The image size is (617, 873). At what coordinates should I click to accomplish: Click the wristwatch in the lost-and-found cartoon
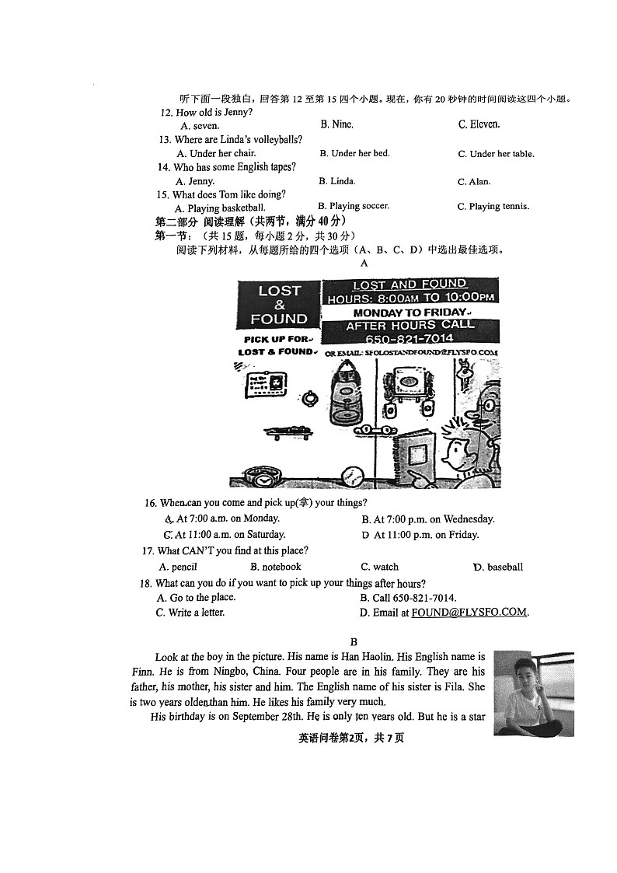coord(256,474)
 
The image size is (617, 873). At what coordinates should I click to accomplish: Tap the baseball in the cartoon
coord(352,475)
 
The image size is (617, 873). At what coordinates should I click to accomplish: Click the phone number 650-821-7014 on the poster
coord(410,340)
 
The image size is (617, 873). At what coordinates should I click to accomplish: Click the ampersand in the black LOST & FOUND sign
coord(279,305)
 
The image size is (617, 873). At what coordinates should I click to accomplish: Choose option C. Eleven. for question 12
coord(479,124)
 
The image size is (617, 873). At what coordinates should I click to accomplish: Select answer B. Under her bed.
coord(354,153)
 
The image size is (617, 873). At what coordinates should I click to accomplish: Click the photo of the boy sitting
coord(533,693)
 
